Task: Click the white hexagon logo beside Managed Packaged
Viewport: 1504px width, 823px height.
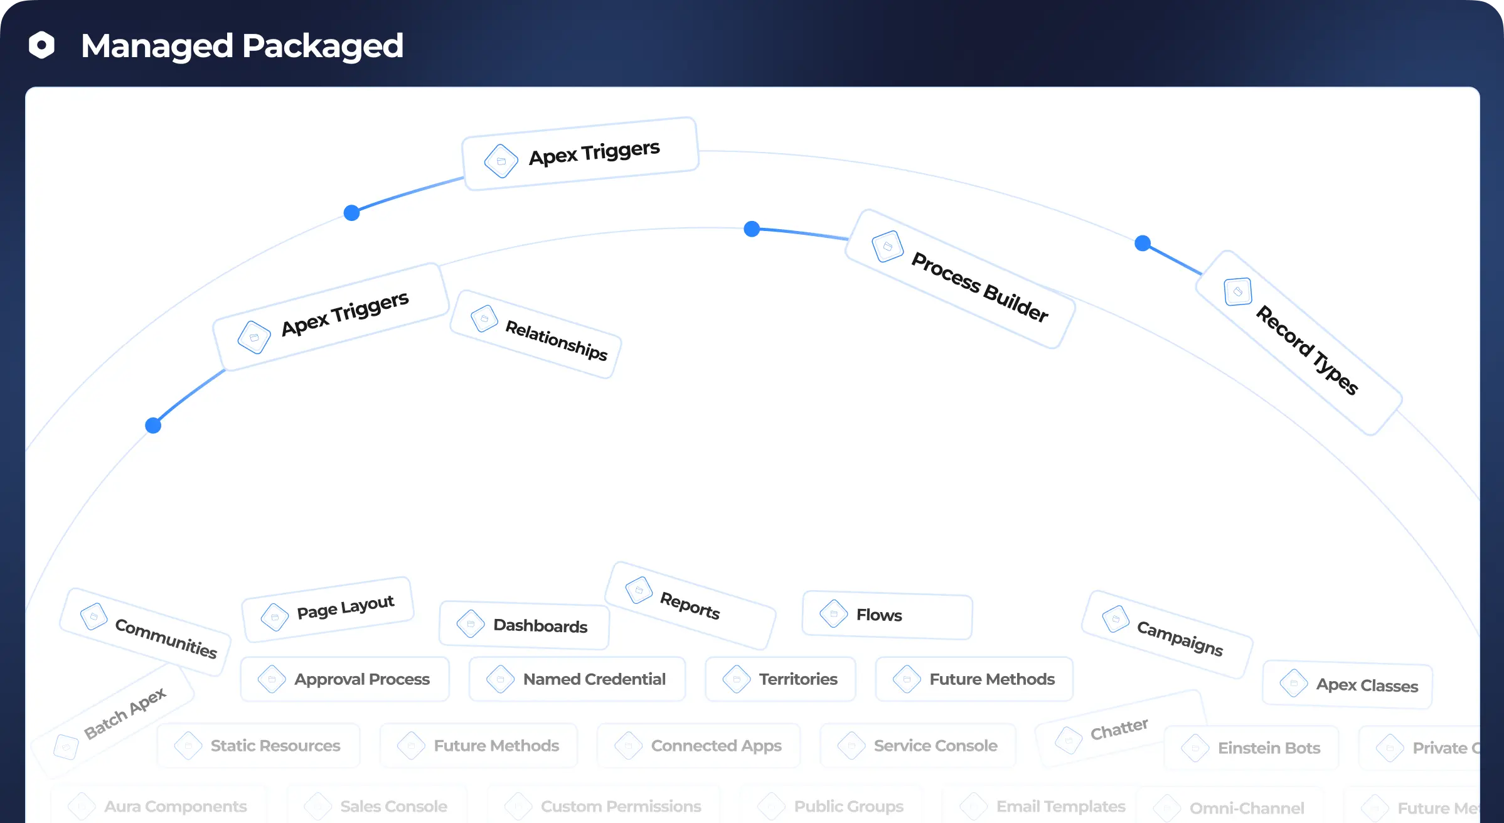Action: (42, 45)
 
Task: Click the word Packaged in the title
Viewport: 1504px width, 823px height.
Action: (323, 46)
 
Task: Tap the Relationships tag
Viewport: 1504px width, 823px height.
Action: (536, 335)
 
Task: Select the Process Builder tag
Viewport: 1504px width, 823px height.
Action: (960, 279)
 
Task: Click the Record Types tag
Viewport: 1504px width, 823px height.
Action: (1299, 343)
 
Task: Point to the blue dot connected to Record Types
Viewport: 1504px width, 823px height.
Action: (1143, 243)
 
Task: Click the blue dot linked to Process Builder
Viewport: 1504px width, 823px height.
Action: (752, 229)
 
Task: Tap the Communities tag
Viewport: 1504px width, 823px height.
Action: (146, 632)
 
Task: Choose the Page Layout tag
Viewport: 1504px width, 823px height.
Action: (328, 610)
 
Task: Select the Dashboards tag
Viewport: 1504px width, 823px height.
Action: (525, 625)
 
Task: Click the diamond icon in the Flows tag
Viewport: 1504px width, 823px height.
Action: (834, 613)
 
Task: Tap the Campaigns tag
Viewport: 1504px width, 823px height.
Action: (1167, 634)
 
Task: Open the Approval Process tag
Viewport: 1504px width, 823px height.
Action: (345, 679)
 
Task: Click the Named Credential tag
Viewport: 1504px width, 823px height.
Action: (577, 679)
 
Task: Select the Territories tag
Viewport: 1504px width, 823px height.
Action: (781, 679)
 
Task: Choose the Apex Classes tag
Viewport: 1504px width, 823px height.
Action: (1348, 684)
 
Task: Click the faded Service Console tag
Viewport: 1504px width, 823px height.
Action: (918, 746)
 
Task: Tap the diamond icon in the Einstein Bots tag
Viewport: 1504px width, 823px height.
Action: (1195, 748)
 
